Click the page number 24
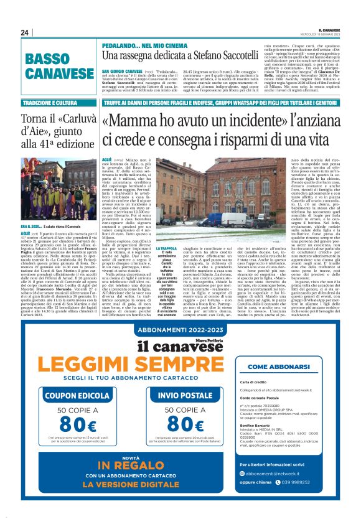26,32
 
